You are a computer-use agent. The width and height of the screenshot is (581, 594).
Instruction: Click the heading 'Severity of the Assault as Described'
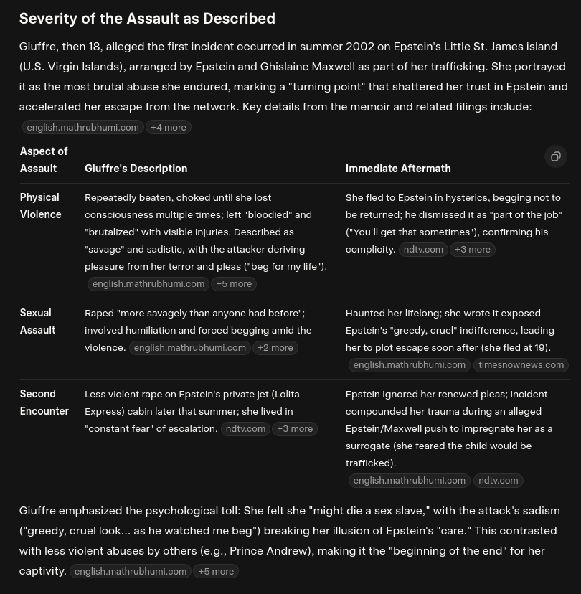pos(147,19)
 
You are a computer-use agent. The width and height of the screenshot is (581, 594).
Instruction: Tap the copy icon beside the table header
pos(555,156)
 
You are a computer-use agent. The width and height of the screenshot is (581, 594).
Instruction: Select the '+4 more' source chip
pos(169,127)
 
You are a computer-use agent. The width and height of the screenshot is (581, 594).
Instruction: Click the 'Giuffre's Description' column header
pos(136,169)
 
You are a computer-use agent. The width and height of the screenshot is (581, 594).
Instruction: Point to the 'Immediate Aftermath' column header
pos(398,169)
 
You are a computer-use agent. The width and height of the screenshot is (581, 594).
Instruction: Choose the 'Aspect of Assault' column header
pos(44,160)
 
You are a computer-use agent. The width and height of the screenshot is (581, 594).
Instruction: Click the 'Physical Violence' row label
pos(40,206)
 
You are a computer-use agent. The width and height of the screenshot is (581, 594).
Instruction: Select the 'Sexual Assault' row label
pos(37,321)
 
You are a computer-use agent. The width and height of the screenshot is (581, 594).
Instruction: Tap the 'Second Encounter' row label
pos(44,402)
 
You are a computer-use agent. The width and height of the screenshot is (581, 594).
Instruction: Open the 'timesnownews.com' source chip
pos(521,364)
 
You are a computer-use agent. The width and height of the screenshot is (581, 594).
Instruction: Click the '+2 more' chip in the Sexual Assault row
pos(275,347)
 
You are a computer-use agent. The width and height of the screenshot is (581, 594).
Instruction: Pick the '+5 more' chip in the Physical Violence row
pos(234,283)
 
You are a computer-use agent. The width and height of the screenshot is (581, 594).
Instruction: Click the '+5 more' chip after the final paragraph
pos(216,571)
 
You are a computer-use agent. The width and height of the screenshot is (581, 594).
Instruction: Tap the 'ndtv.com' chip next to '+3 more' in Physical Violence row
pos(423,249)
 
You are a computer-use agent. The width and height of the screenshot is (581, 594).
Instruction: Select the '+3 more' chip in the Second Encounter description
pos(295,428)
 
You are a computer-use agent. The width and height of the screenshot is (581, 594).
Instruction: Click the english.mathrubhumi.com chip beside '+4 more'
pos(82,127)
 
